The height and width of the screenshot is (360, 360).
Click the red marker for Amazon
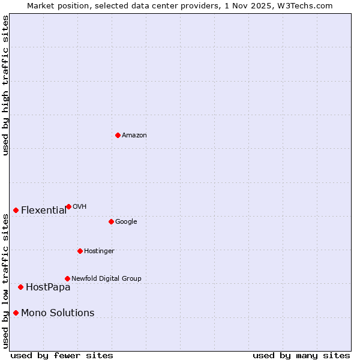tap(118, 135)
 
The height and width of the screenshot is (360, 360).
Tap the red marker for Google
tap(111, 221)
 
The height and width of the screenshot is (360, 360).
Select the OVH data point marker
tap(68, 206)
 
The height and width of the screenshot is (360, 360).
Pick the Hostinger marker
tap(80, 251)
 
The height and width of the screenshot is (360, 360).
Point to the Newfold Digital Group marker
tap(67, 278)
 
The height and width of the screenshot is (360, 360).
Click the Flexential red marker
tap(16, 210)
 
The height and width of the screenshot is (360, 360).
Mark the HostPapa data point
tap(20, 287)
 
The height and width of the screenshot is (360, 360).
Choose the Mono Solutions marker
tap(16, 313)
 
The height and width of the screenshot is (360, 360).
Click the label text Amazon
tap(134, 136)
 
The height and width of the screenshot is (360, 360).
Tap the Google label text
tap(126, 222)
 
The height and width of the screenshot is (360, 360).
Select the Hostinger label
tap(99, 251)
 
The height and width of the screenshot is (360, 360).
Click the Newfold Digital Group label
tap(106, 279)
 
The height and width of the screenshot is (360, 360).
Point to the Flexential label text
tap(44, 211)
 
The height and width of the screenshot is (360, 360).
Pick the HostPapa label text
tap(48, 287)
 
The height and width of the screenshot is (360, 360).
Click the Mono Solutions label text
tap(58, 313)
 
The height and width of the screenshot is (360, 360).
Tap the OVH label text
tap(80, 207)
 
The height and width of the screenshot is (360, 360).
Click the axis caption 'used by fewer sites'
tap(62, 356)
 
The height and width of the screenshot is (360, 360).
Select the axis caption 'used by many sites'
tap(301, 356)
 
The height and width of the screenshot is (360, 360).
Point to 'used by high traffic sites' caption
tap(6, 85)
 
